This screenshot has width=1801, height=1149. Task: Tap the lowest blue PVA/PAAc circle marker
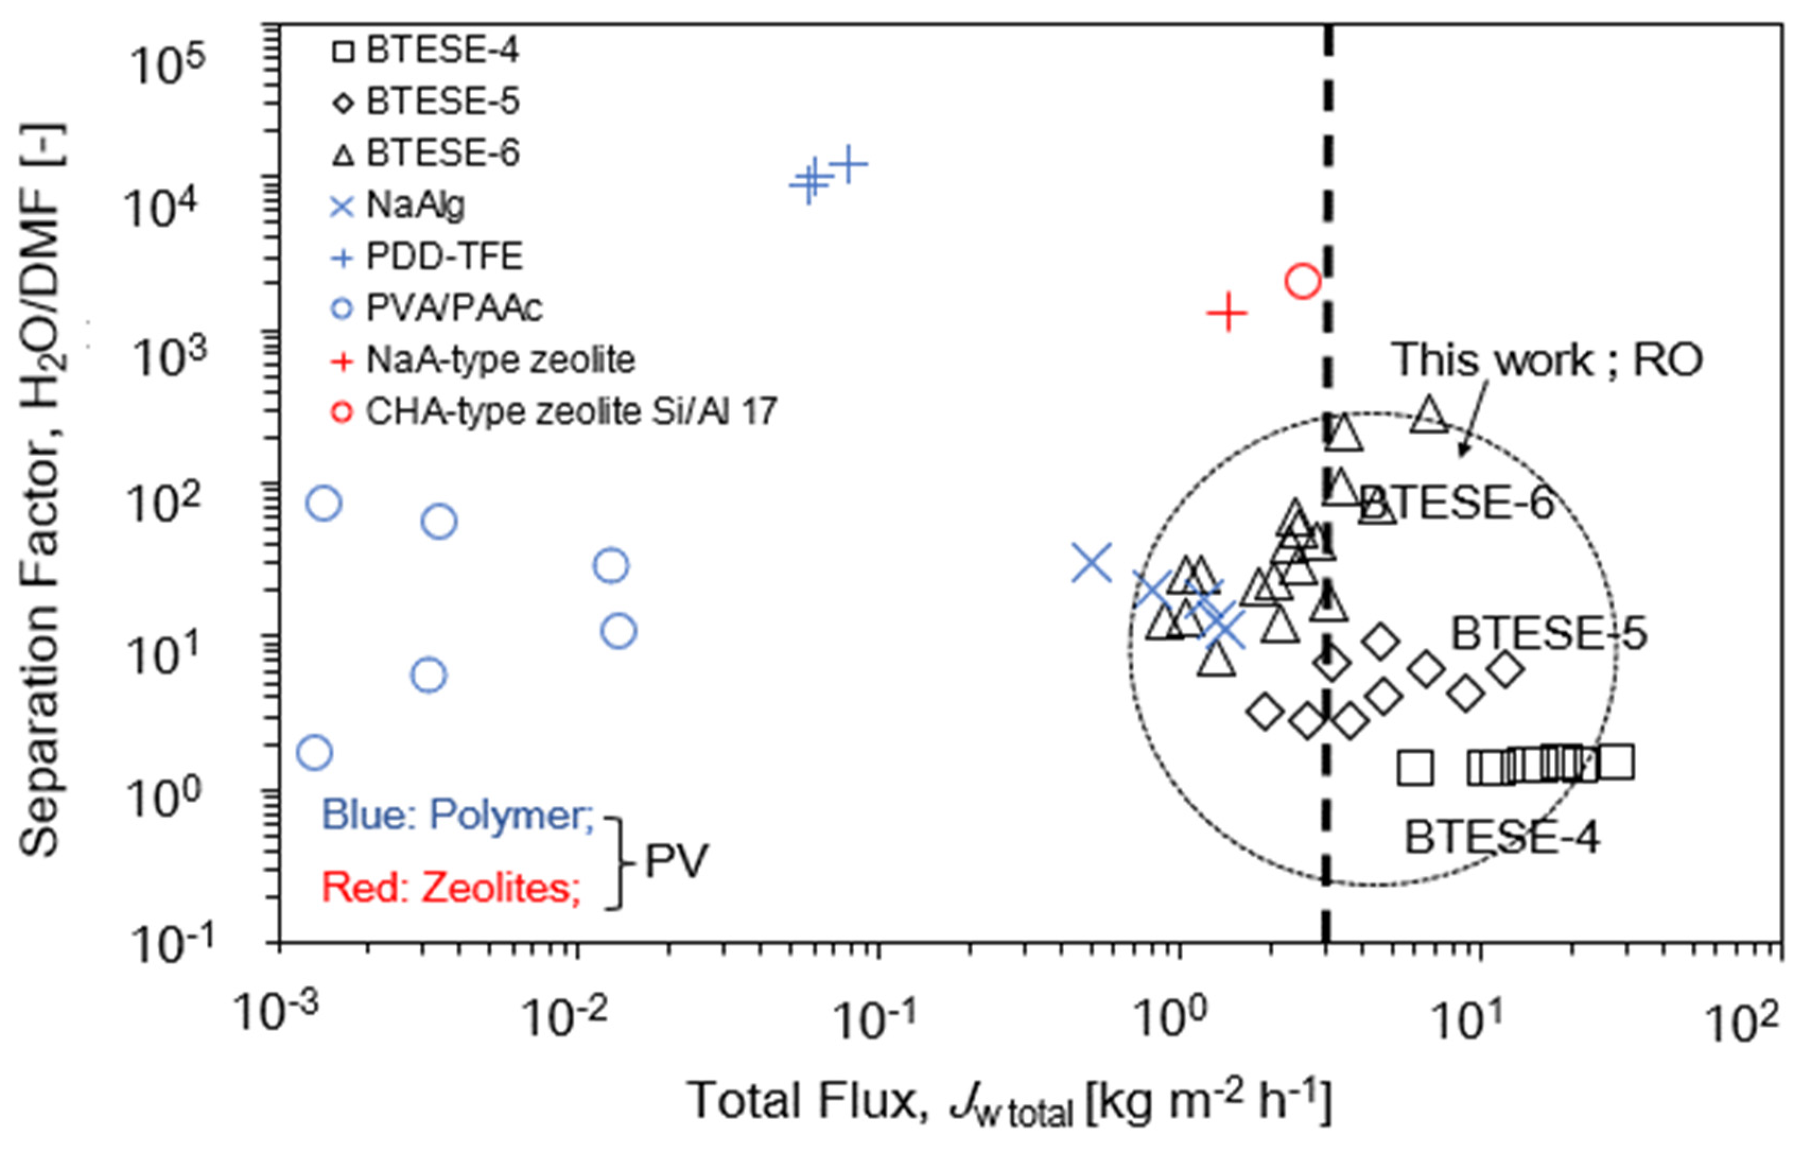click(x=314, y=752)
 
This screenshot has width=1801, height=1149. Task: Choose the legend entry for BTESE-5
click(x=427, y=102)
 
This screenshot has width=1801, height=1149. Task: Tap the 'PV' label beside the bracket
click(x=675, y=861)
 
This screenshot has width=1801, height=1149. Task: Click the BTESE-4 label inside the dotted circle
click(x=1502, y=837)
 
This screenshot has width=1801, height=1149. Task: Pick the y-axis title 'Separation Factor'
click(x=41, y=490)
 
